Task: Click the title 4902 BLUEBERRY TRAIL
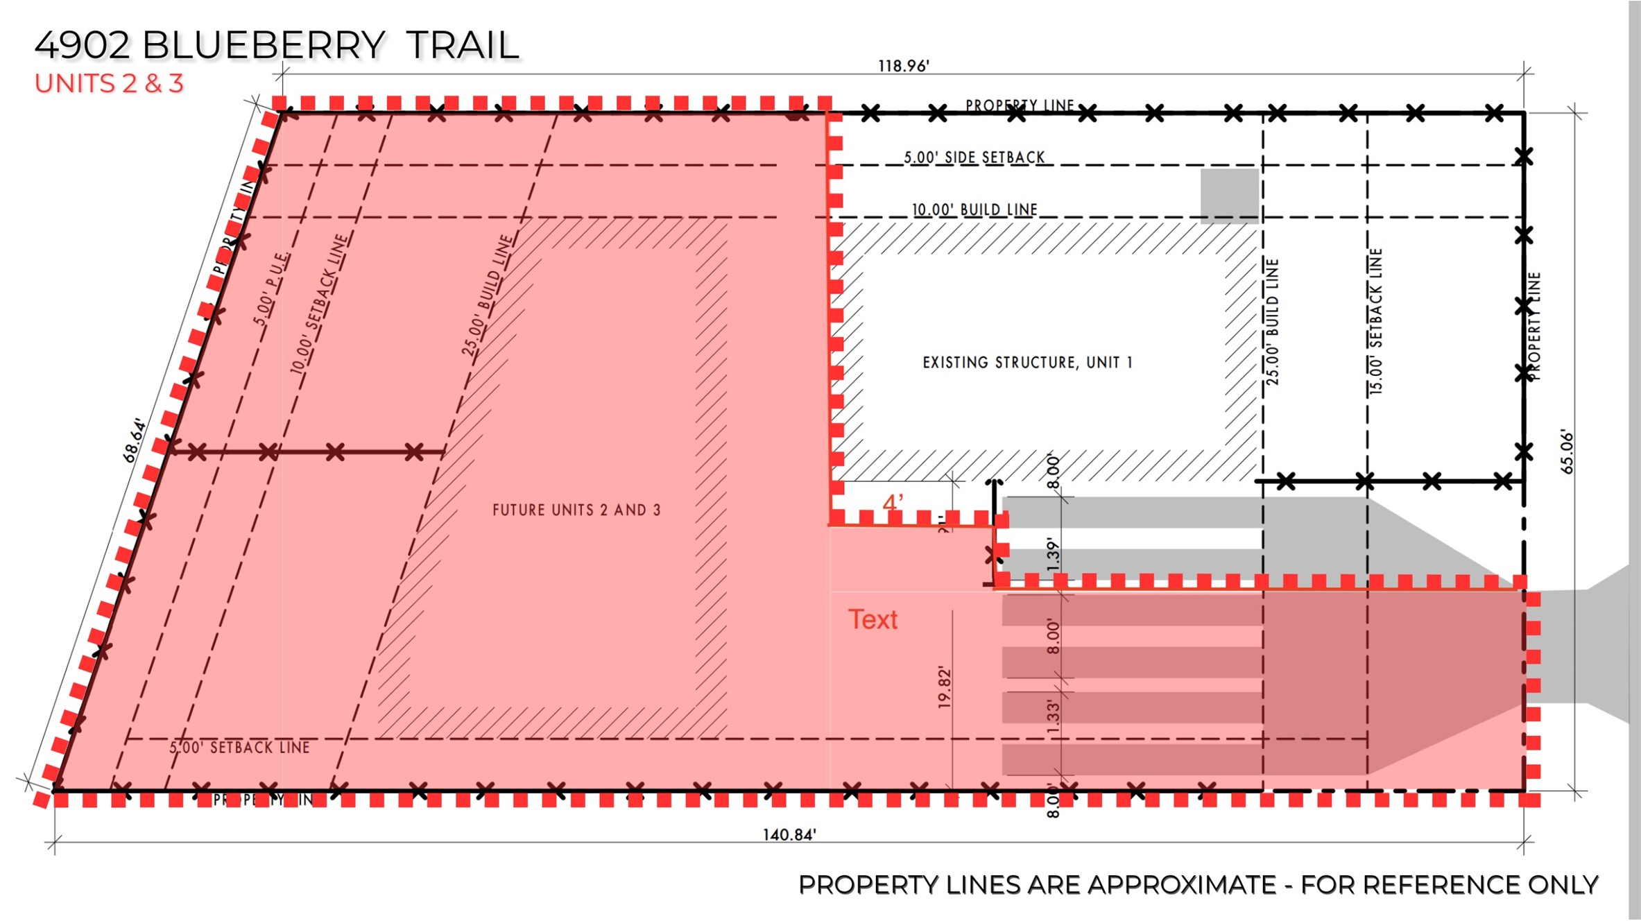tap(276, 46)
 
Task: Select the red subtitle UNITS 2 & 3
tap(109, 84)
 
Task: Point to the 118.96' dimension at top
tap(903, 67)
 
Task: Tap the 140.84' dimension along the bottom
tap(789, 835)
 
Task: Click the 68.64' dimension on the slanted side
tap(135, 440)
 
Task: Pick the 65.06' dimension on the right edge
tap(1567, 452)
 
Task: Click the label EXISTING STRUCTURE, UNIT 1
tap(1027, 363)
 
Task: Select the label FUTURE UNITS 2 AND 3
tap(576, 510)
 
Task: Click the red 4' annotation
tap(893, 503)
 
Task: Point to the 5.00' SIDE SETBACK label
tap(974, 158)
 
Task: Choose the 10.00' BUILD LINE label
tap(974, 209)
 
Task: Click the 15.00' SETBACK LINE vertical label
tap(1376, 322)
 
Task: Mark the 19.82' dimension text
tap(944, 687)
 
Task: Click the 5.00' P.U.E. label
tap(270, 289)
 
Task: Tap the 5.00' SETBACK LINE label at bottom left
tap(239, 748)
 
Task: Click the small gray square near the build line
tap(1229, 196)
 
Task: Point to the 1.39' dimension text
tap(1054, 555)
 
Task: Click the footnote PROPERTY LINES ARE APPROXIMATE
tap(1198, 886)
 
